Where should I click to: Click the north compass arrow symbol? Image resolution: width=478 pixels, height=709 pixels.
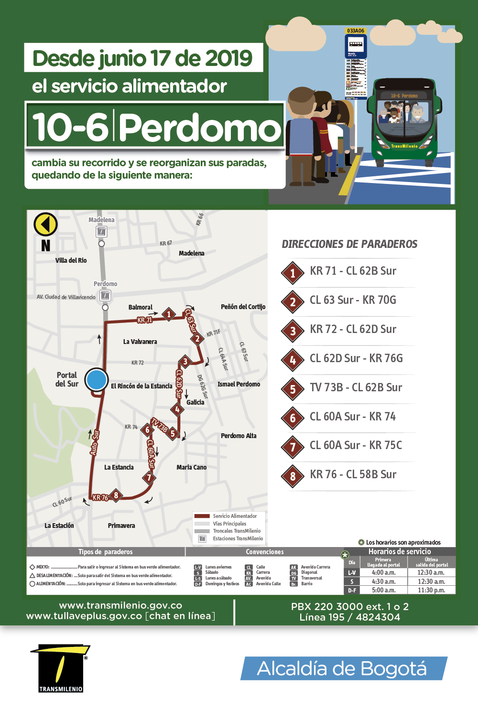[x=45, y=224]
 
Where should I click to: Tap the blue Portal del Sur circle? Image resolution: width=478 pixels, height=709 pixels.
[x=97, y=380]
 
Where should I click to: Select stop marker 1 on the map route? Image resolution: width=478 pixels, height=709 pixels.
[x=168, y=314]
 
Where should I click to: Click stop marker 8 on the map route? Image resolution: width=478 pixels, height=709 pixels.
[x=116, y=495]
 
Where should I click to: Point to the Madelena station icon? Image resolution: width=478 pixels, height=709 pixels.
[x=101, y=232]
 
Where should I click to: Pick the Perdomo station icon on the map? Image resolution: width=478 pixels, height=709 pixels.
[x=105, y=296]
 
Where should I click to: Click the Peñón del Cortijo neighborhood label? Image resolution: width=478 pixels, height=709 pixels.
[x=243, y=307]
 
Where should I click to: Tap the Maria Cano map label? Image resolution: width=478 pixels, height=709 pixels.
[x=191, y=467]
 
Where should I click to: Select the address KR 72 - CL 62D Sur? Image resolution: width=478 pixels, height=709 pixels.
[x=353, y=329]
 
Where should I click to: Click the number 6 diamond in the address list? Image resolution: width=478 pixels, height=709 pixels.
[x=293, y=419]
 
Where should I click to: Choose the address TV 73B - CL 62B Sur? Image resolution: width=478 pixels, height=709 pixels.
[x=356, y=387]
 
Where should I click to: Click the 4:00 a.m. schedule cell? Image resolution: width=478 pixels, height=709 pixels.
[x=383, y=572]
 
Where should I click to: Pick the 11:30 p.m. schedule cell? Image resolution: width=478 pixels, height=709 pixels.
[x=431, y=590]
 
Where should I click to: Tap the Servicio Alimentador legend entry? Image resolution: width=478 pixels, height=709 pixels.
[x=234, y=516]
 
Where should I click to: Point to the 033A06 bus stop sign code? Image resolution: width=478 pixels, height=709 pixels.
[x=356, y=31]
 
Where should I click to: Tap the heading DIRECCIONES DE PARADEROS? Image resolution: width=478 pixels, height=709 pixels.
[x=349, y=244]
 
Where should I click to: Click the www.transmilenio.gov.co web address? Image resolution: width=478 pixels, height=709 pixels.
[x=120, y=606]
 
